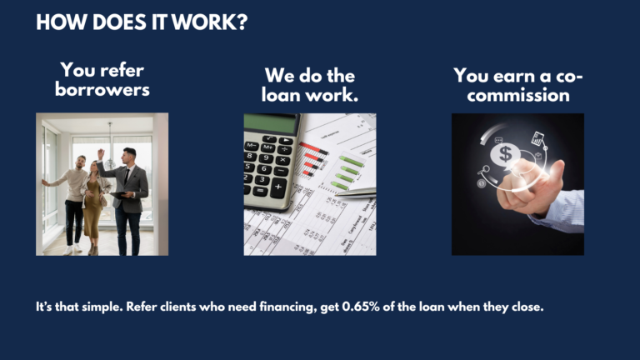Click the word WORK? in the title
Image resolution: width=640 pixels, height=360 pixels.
click(209, 22)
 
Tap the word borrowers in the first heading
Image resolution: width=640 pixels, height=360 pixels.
click(102, 89)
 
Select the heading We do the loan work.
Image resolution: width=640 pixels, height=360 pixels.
click(310, 85)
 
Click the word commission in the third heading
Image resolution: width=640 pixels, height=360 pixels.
click(518, 95)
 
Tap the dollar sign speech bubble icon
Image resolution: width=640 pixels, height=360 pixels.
click(505, 155)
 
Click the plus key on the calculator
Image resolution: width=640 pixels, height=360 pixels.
click(278, 187)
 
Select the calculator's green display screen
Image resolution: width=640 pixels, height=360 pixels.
click(271, 123)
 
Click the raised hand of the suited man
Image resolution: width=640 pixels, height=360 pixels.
click(100, 154)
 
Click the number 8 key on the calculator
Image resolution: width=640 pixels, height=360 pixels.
click(250, 156)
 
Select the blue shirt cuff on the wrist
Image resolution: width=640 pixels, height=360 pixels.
click(560, 211)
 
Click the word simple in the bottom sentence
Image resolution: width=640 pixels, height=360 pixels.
click(102, 307)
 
